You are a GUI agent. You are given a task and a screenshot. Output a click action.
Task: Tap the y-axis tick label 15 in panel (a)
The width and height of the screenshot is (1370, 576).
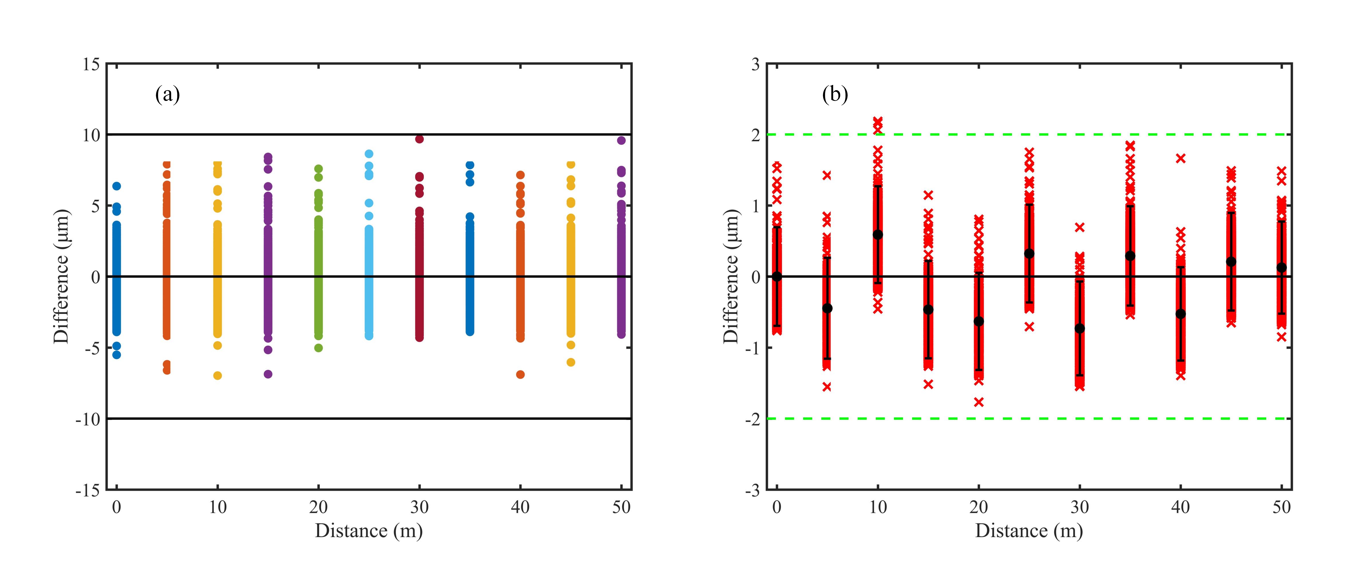click(x=91, y=64)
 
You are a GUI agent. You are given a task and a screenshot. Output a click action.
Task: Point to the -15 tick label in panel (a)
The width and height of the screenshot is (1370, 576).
click(x=88, y=490)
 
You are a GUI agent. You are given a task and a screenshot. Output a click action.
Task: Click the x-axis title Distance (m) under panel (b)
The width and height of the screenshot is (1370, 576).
click(x=1029, y=531)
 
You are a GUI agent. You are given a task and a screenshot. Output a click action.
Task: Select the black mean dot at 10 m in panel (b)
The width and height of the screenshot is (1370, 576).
click(x=878, y=234)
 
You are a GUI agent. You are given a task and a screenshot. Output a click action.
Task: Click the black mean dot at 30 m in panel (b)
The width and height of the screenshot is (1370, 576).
click(x=1080, y=328)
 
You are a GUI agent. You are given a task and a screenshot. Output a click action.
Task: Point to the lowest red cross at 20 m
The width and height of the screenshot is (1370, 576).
click(x=979, y=402)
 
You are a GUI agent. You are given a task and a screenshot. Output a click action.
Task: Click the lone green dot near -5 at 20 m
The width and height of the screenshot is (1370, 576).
click(x=319, y=348)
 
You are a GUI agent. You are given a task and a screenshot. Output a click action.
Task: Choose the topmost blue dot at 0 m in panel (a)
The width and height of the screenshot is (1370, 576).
click(x=117, y=186)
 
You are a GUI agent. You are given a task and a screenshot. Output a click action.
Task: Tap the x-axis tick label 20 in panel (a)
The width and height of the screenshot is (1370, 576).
click(x=319, y=507)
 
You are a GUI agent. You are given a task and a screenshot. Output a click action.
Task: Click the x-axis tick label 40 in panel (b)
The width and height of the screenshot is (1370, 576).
click(x=1181, y=507)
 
